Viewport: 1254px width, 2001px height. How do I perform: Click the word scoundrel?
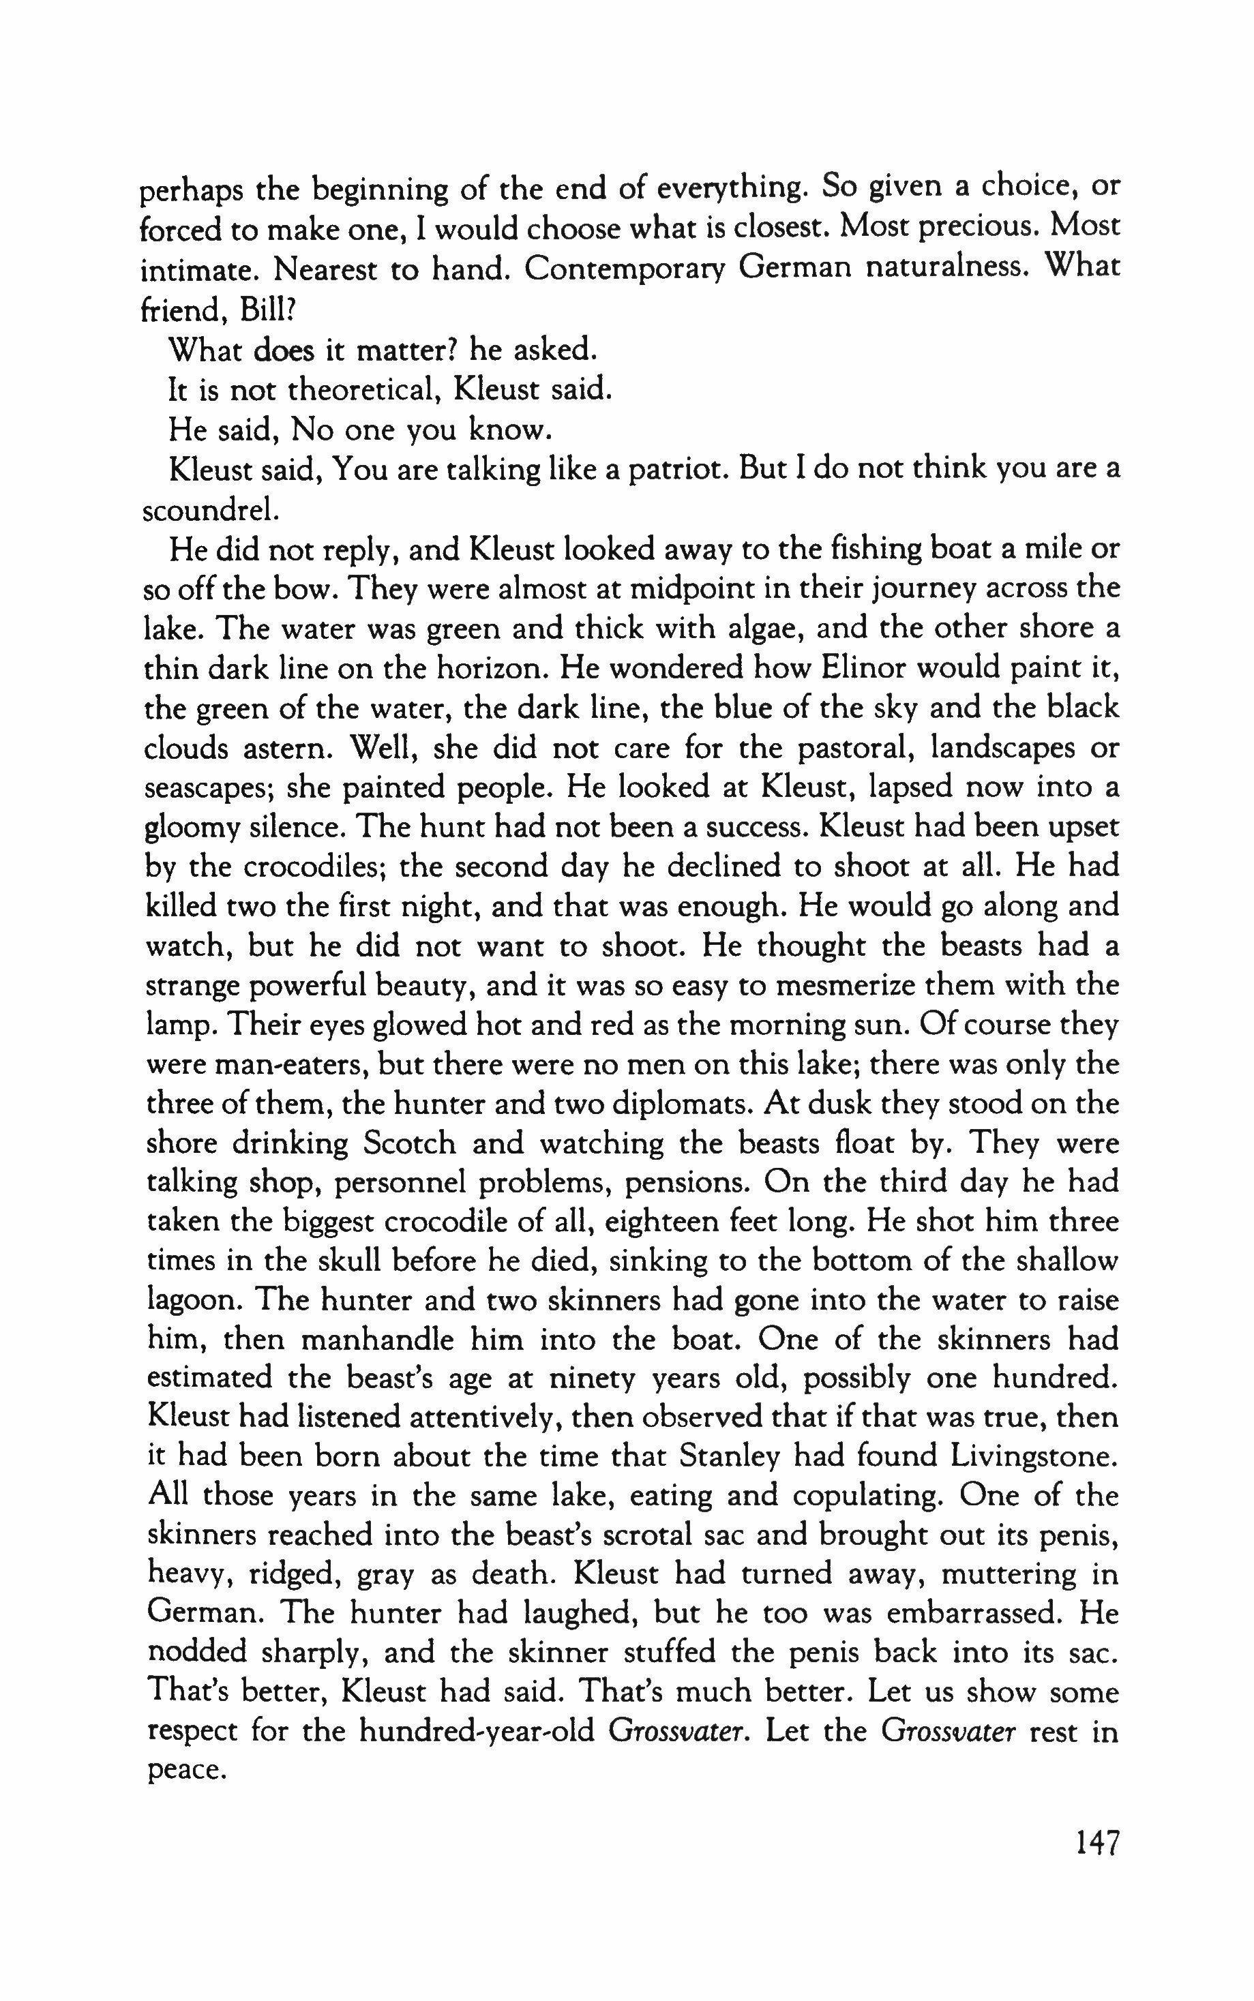(x=207, y=510)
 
